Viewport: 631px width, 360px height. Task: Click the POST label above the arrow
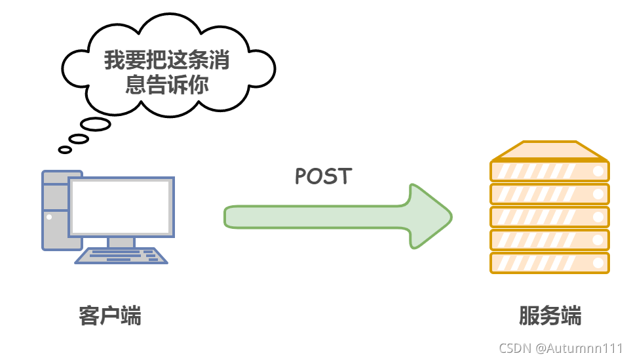click(323, 176)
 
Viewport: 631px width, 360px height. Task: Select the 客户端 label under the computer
click(110, 315)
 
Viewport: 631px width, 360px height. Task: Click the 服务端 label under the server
click(550, 315)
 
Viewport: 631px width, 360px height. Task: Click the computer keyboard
click(121, 256)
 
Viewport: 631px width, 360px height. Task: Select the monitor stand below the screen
click(121, 242)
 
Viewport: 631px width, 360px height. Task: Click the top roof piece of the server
click(549, 151)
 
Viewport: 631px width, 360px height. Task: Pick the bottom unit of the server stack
click(549, 263)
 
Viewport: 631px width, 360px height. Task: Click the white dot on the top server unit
click(598, 172)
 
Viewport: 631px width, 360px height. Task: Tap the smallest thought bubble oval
click(65, 150)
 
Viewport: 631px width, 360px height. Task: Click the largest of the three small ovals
click(95, 125)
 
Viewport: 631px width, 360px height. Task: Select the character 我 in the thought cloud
click(115, 61)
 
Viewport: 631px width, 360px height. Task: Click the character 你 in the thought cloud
click(198, 85)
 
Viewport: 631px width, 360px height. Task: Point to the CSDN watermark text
click(514, 348)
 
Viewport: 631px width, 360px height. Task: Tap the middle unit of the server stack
click(549, 217)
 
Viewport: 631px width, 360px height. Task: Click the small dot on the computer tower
click(48, 216)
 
